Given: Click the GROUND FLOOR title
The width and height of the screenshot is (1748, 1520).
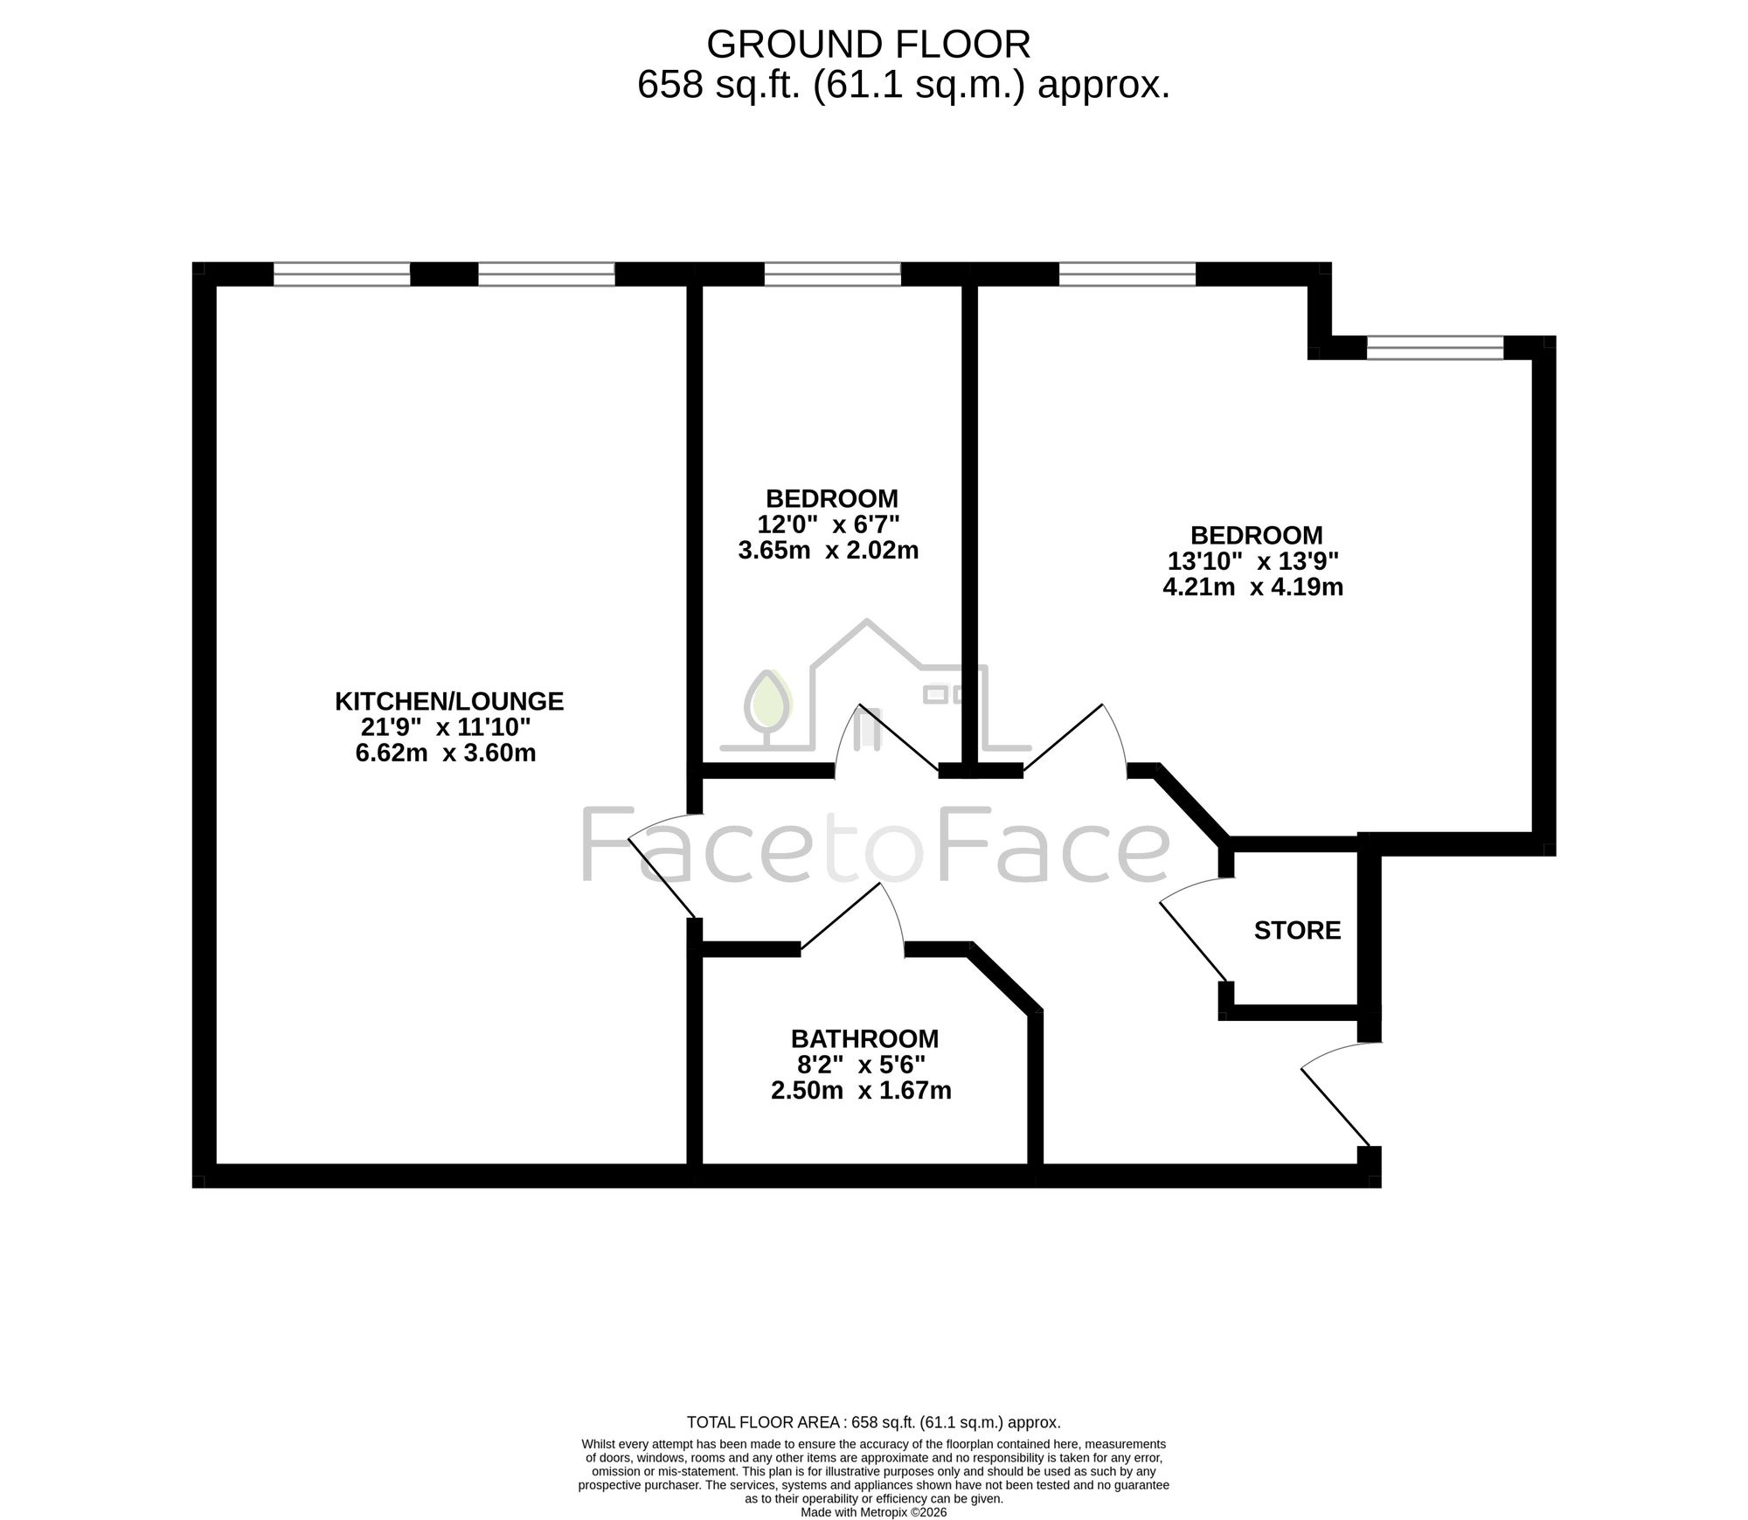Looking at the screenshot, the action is (868, 44).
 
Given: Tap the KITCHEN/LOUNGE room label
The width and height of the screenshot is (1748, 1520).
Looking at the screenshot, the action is (449, 701).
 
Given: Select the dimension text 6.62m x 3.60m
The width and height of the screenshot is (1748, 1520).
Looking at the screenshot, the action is (446, 753).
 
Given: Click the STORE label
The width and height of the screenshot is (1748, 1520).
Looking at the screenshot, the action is (1297, 931).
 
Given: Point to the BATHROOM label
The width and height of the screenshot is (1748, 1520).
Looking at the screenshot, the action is (864, 1039).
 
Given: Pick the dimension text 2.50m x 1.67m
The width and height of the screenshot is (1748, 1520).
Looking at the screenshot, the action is (861, 1091).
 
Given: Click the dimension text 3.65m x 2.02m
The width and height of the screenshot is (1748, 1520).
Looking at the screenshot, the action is (829, 551).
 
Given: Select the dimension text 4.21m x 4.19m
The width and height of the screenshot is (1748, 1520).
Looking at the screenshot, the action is (1252, 586).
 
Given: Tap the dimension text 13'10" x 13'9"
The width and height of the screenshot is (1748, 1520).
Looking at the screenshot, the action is (1253, 560).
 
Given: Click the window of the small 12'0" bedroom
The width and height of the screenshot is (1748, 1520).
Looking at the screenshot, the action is (832, 274).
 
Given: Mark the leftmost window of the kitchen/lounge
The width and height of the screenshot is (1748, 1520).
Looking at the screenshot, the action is (342, 274).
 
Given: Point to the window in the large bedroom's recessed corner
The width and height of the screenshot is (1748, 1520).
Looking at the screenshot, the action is (1435, 348).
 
